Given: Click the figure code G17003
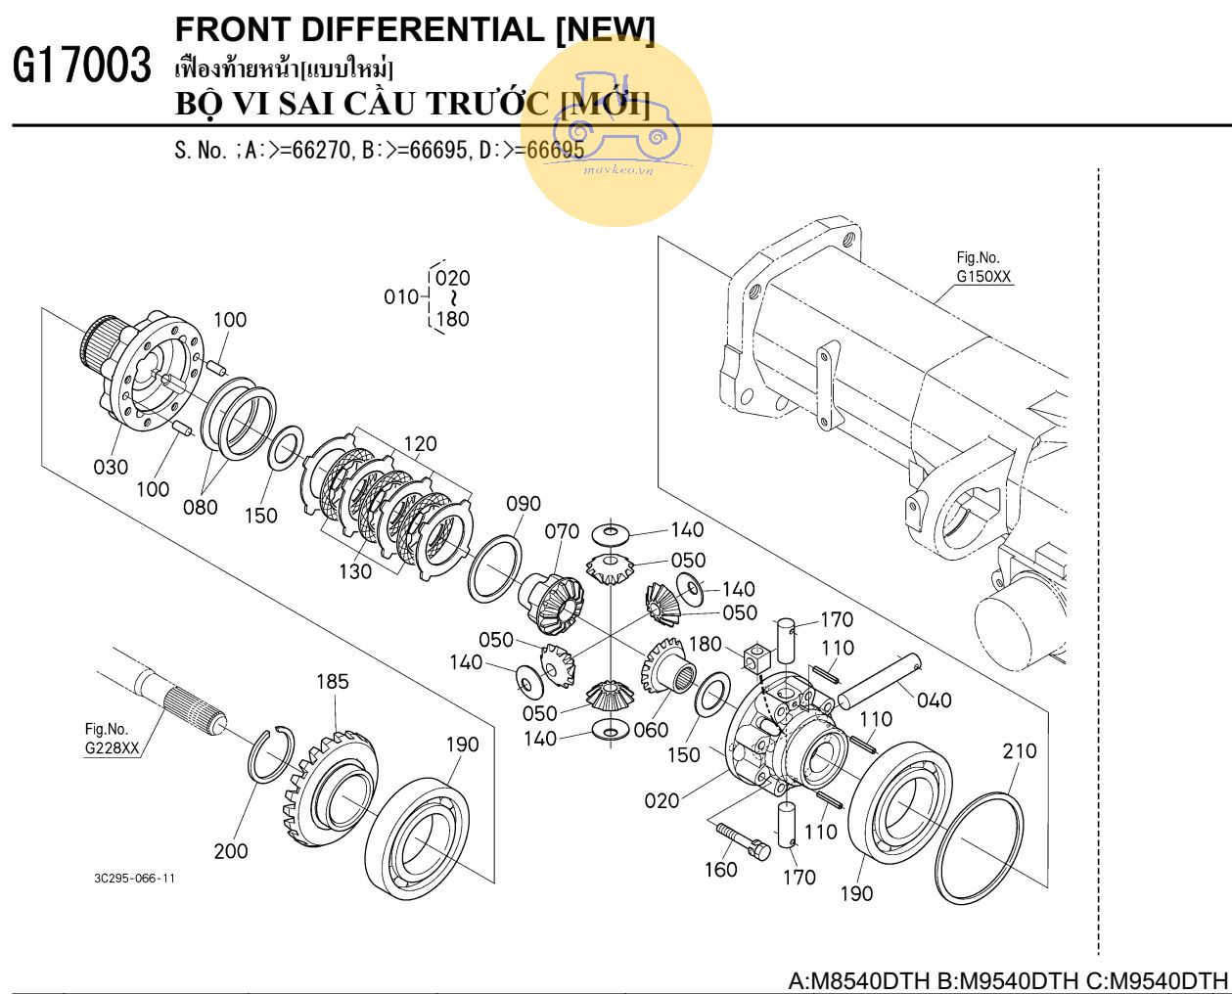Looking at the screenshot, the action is coord(82,65).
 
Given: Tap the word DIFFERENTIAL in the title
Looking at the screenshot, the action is coord(423,29).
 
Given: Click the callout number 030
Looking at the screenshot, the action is coord(111,468).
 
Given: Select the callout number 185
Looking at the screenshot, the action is coord(333,681).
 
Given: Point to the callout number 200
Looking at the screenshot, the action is coord(231,851).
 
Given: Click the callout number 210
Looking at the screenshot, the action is coord(1020,751).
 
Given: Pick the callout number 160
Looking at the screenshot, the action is coord(721,870).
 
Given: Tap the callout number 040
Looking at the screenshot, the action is coord(935,700).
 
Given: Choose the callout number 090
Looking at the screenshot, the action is coord(524,504).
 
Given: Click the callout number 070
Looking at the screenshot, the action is coord(562,532).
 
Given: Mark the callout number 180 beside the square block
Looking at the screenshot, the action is coord(705,644).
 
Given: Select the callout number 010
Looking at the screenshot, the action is coord(401,297).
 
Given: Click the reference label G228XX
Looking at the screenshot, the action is coord(112,747).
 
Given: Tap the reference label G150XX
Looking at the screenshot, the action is coord(983,276).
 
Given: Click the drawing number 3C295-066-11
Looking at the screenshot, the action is coord(134,879).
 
